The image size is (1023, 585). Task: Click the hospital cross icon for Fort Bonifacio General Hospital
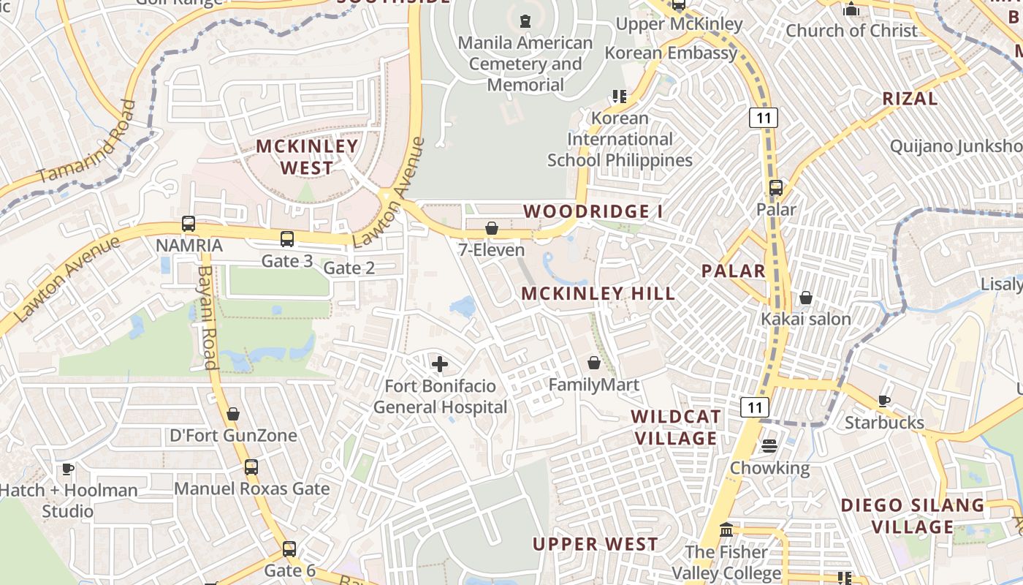coord(440,363)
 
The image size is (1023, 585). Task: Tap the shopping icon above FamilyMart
coord(594,363)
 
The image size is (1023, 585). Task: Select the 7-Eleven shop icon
coord(492,228)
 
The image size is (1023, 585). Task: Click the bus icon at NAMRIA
coord(189,224)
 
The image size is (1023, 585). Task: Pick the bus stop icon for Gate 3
coord(287,239)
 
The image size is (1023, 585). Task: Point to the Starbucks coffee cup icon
coord(884,401)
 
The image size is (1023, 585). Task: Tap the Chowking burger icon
coord(769,446)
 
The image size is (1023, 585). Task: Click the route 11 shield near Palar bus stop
coord(763,117)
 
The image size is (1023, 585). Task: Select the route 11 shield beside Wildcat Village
coord(754,407)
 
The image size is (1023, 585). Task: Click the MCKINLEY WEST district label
coord(307,156)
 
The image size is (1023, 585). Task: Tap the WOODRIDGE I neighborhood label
coord(593,212)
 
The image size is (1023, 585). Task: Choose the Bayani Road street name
coord(207,317)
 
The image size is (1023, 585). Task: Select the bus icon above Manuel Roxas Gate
coord(251,467)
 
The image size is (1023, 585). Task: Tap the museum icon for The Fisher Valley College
coord(726,530)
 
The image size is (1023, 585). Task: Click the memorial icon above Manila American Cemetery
coord(525,21)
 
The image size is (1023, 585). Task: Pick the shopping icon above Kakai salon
coord(806,298)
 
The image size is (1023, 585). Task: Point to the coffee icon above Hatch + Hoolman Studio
coord(68,469)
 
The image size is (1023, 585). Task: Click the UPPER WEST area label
coord(595,544)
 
